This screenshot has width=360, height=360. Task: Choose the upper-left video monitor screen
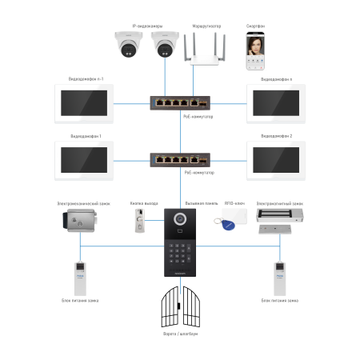tap(84, 103)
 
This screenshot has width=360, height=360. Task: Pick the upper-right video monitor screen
tap(276, 103)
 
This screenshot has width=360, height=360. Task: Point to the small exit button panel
tap(139, 221)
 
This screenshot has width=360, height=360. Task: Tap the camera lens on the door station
tap(180, 218)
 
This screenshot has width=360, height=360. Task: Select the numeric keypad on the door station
tap(180, 252)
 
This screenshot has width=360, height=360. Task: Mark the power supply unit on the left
tap(80, 278)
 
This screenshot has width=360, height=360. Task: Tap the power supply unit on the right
tap(279, 278)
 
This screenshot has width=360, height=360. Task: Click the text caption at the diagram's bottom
tap(180, 334)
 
